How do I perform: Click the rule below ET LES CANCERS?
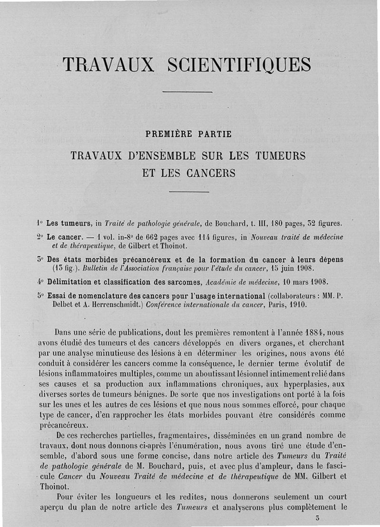pos(186,192)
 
